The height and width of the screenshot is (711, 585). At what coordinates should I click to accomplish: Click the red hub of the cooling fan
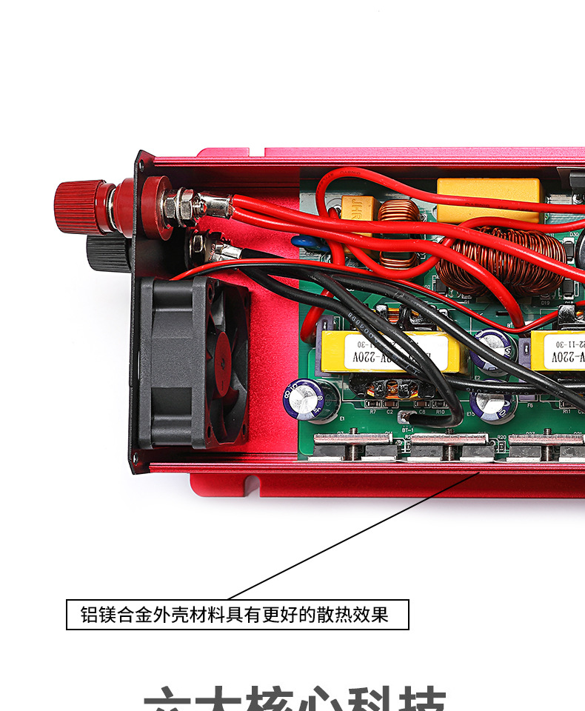[220, 360]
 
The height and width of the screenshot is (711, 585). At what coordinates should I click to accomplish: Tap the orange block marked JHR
[361, 209]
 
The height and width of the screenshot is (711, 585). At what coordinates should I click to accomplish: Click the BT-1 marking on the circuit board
[407, 429]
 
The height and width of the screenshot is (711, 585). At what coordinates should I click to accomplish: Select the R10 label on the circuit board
[441, 412]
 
